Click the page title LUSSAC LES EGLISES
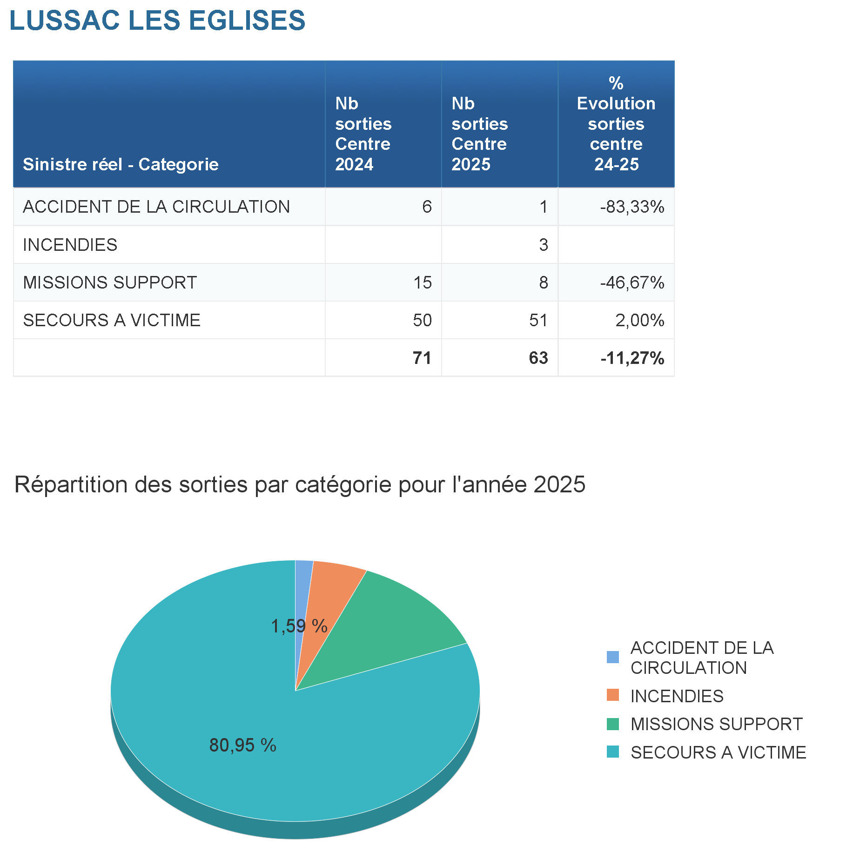[x=157, y=20]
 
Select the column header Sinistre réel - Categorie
[x=121, y=164]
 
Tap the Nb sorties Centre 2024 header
[x=363, y=134]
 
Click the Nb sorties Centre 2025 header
[x=479, y=134]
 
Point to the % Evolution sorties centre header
[x=616, y=124]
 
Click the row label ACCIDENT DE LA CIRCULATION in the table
[x=156, y=207]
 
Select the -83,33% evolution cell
[x=632, y=207]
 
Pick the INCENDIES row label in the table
[x=70, y=245]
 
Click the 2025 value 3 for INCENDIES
[x=543, y=245]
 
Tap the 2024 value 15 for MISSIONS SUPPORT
[x=423, y=282]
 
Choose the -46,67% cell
[x=632, y=282]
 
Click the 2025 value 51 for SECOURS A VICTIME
[x=538, y=320]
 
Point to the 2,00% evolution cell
[x=639, y=320]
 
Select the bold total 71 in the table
[x=422, y=358]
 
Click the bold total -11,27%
[x=632, y=358]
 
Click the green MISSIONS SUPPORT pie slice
[x=396, y=624]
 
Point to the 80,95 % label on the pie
[x=242, y=745]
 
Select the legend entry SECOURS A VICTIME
[x=718, y=752]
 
